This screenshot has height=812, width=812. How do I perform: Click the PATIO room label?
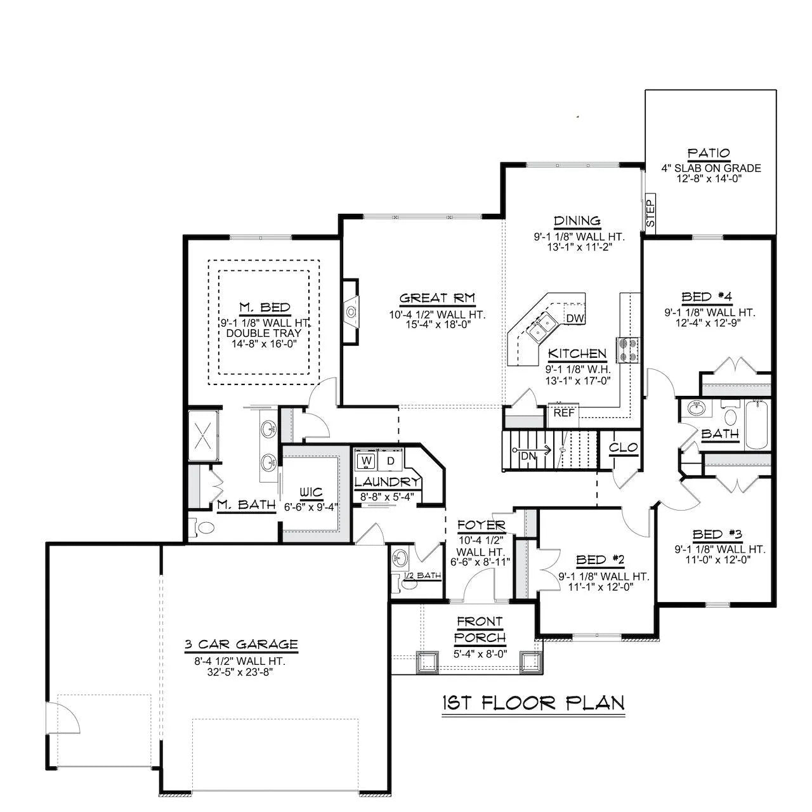pos(709,153)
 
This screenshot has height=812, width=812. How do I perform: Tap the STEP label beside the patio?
pos(651,213)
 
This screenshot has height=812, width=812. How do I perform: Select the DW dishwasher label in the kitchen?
pos(575,318)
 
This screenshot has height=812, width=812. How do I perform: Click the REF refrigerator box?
pos(563,416)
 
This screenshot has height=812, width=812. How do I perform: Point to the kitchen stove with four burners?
pos(627,350)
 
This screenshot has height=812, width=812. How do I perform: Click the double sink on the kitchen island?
pos(542,329)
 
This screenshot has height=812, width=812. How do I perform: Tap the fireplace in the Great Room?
pos(351,312)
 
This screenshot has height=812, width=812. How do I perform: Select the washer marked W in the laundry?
pos(367,460)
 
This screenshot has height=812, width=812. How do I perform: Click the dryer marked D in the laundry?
pos(391,460)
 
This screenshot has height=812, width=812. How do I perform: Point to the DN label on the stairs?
pos(528,455)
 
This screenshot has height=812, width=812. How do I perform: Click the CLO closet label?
pos(624,447)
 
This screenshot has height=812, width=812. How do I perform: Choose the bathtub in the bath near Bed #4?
pos(757,426)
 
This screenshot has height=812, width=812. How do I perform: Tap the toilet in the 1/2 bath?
pos(406,583)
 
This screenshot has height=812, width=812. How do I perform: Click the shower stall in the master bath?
pos(203,435)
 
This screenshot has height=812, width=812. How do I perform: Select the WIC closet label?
pos(311,492)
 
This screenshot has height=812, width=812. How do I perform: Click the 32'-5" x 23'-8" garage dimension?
pos(240,672)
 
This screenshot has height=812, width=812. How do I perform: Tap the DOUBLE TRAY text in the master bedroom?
pos(264,333)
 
